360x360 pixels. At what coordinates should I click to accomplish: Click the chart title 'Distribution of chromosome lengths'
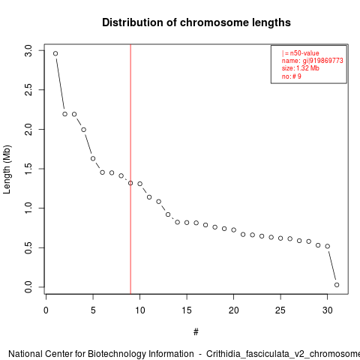196,22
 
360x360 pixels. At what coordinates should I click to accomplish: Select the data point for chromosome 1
55,53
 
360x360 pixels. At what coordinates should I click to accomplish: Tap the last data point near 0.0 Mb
337,285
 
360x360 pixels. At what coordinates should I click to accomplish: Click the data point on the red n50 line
130,183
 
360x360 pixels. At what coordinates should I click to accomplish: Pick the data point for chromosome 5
93,158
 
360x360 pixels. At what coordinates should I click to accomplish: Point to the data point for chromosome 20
234,229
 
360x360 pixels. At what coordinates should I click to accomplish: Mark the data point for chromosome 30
328,246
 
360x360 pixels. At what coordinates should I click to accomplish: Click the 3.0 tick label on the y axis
28,51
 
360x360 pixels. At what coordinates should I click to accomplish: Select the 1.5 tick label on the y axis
28,169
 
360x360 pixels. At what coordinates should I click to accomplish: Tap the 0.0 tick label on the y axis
28,287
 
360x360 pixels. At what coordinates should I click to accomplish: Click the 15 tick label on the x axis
187,310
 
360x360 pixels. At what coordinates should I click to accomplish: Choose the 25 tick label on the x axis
280,310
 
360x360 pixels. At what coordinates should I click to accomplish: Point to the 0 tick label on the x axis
46,310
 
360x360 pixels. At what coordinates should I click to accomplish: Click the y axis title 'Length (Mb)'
7,169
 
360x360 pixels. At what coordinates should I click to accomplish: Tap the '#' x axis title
196,332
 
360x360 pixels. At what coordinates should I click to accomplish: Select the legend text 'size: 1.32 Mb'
301,68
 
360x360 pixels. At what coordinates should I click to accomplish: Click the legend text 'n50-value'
304,53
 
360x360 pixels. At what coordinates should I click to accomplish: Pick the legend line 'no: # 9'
292,76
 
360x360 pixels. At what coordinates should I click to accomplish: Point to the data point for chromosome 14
178,222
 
